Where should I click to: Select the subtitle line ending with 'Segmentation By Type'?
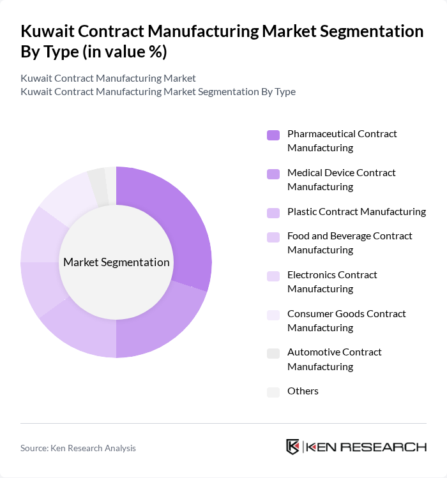point(158,91)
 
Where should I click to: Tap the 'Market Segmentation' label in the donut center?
point(116,262)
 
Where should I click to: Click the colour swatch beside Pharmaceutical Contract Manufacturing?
point(273,135)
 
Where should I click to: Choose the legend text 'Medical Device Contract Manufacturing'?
point(341,179)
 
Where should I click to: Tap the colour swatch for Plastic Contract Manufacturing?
point(273,213)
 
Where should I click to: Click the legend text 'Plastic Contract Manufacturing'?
point(356,212)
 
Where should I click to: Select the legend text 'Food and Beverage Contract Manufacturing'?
point(349,243)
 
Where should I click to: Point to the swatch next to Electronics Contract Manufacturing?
point(273,276)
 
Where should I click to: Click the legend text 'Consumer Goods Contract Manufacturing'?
point(346,320)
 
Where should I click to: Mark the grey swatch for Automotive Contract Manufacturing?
point(273,353)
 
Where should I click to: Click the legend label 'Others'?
point(303,391)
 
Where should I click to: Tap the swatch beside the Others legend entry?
point(273,392)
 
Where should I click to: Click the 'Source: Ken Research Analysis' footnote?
point(78,448)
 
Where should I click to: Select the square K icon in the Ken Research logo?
point(293,447)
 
